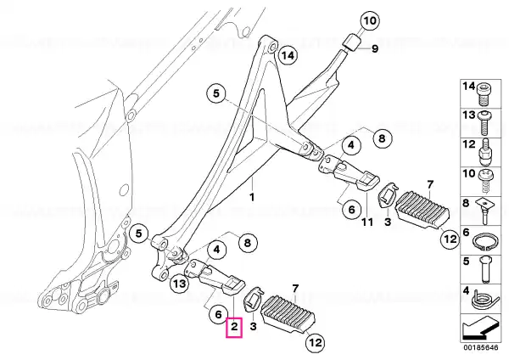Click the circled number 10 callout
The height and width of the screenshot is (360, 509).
[x=370, y=21]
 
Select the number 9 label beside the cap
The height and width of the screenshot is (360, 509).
[x=375, y=49]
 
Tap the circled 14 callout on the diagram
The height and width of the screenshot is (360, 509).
[x=288, y=55]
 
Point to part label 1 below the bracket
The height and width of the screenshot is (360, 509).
[x=252, y=197]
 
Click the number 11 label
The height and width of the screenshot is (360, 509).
[x=367, y=222]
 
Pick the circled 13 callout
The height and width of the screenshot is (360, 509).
[x=180, y=284]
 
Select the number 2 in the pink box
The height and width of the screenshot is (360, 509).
[x=234, y=326]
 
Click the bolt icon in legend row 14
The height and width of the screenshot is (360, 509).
[x=484, y=94]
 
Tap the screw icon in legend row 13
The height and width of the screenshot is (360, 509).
[x=484, y=122]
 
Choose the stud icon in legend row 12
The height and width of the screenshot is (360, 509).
[x=484, y=152]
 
